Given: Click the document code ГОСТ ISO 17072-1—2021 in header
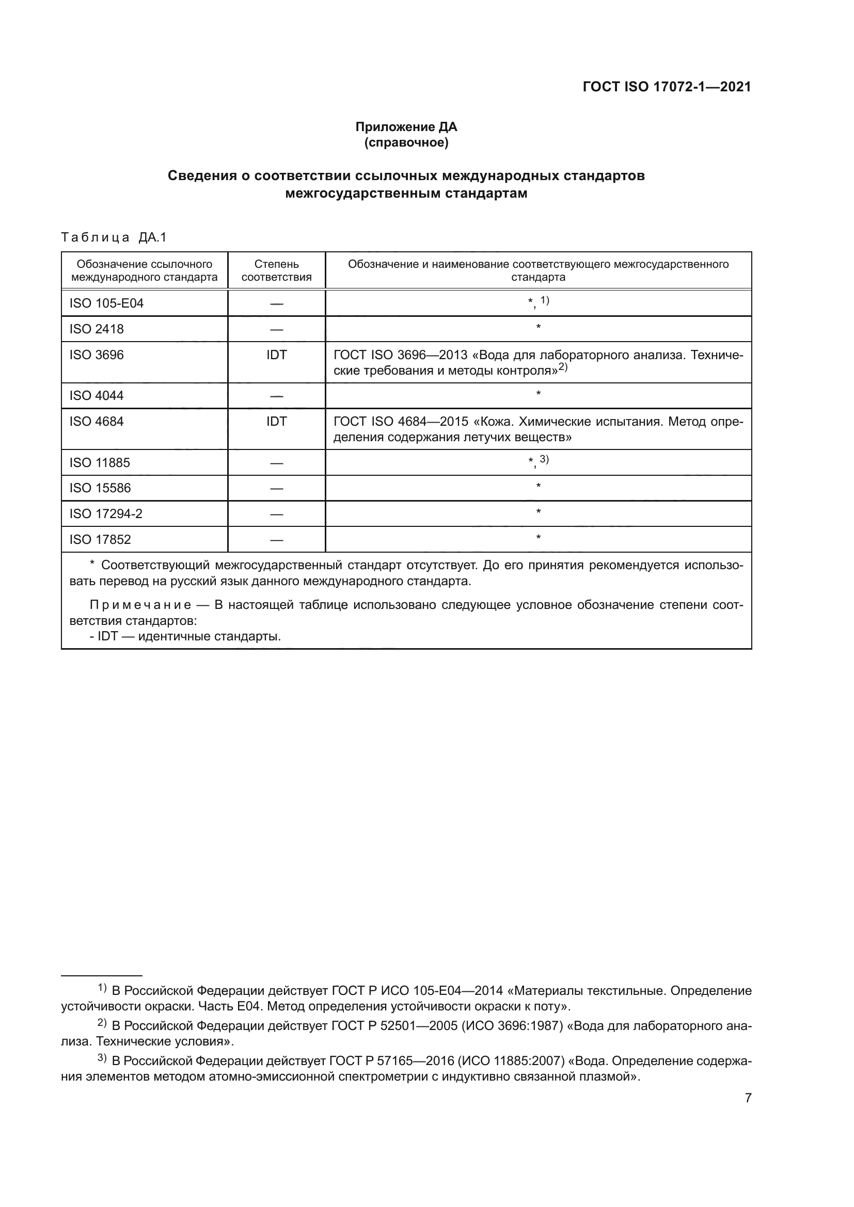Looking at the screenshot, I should pos(666,87).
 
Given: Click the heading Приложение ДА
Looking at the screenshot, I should pos(406,127).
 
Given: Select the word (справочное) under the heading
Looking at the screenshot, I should pos(406,142).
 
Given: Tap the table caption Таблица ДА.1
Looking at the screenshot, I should pos(114,237).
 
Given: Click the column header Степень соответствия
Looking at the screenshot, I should pos(276,270).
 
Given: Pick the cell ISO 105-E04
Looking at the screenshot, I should pos(106,303).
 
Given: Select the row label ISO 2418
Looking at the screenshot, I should pos(96,329).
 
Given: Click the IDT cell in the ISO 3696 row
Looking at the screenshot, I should pos(276,355).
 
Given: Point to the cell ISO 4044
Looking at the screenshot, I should pos(96,395).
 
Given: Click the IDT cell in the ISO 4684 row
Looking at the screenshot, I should pos(276,422).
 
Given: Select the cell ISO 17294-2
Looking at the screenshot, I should pos(106,513).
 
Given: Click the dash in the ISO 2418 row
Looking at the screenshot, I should pos(276,330).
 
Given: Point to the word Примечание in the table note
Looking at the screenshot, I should pos(140,605).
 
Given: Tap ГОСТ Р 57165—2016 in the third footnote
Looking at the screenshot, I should pos(391,1061).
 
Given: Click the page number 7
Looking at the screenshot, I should pos(748,1098).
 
